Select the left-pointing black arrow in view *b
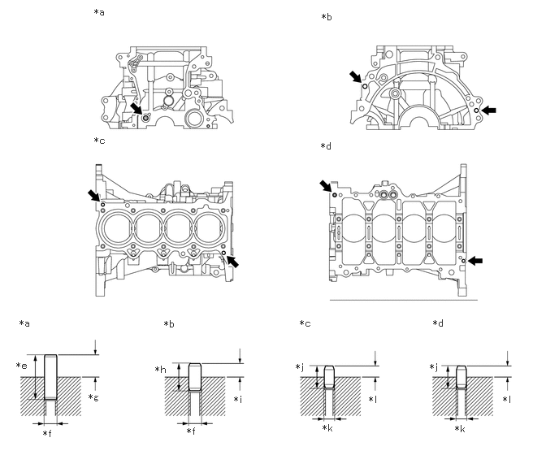[487, 110]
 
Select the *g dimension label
[93, 397]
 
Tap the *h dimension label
[160, 370]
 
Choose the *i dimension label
[237, 399]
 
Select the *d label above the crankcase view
[327, 147]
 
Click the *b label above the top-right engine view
[326, 16]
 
